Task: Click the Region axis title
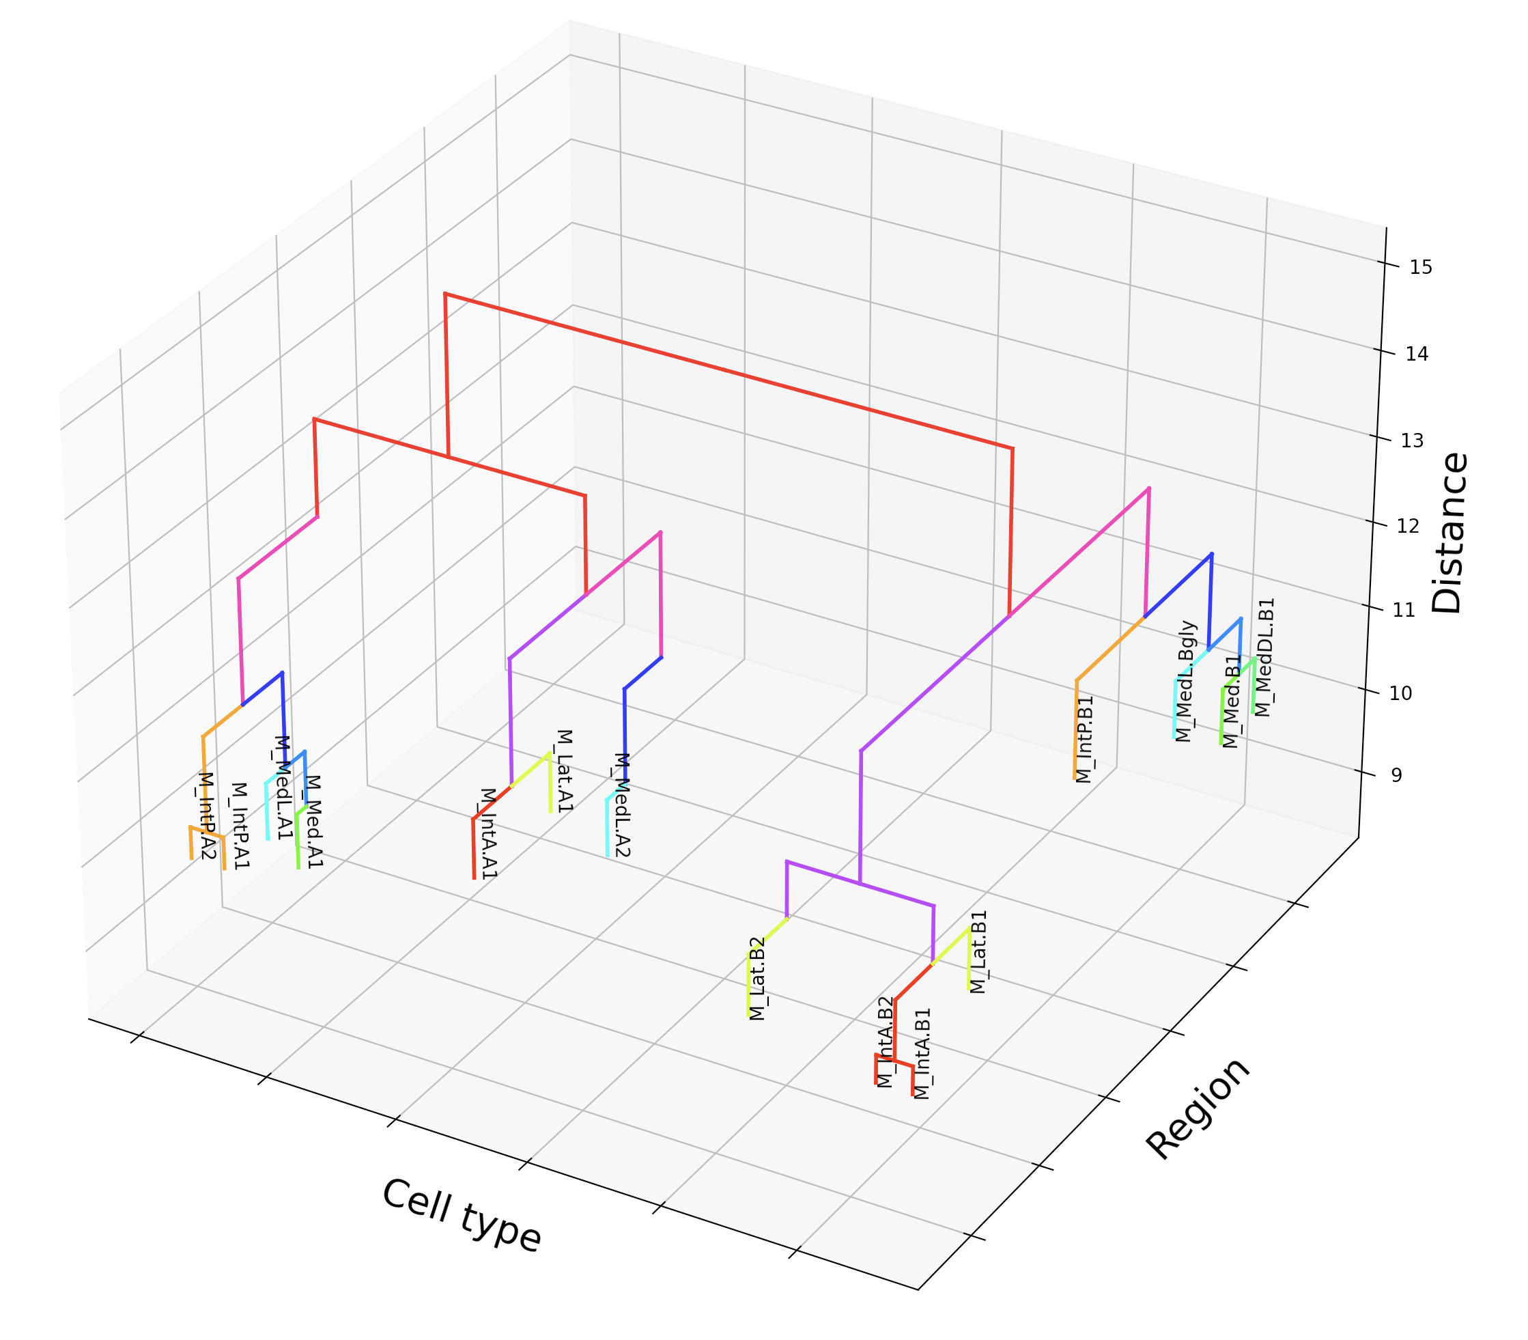tap(1198, 1109)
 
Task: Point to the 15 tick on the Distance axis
tap(1420, 267)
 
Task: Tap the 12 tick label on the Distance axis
tap(1408, 526)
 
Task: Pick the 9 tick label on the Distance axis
tap(1396, 775)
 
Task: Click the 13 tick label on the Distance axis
tap(1412, 441)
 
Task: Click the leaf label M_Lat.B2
tap(757, 978)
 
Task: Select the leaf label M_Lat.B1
tap(978, 951)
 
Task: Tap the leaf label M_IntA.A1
tap(487, 833)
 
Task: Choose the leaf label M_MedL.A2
tap(622, 805)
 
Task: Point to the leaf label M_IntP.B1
tap(1085, 740)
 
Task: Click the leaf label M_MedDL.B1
tap(1263, 657)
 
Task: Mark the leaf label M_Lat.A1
tap(564, 771)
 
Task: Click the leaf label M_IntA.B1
tap(922, 1055)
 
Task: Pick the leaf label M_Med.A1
tap(314, 821)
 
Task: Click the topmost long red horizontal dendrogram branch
tap(729, 372)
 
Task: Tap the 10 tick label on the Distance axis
tap(1400, 693)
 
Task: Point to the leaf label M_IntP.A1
tap(239, 826)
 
